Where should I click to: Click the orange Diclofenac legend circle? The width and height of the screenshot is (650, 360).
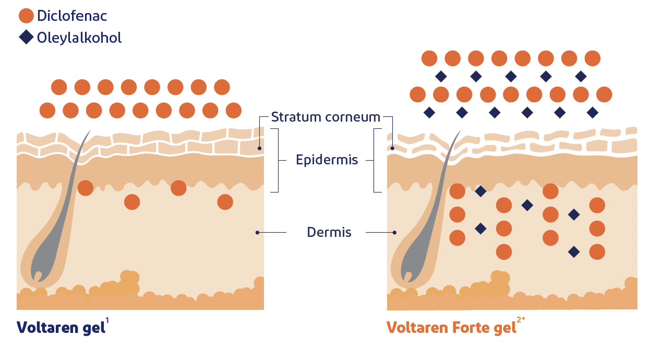pos(27,16)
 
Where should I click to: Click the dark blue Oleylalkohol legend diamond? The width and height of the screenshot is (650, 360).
pos(27,38)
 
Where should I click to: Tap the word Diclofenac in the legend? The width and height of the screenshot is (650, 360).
pos(72,16)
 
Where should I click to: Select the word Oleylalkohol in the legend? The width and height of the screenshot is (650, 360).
pos(79,38)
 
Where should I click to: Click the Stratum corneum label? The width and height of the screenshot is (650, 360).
pos(326,117)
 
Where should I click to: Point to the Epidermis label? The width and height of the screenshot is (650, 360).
pos(327,160)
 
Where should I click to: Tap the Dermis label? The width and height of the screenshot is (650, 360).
pos(329,232)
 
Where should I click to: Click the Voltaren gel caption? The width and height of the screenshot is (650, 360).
pos(59,328)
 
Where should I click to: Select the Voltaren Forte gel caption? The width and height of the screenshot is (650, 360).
pos(451,328)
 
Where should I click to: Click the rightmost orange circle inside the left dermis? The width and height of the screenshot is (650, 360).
pos(225,202)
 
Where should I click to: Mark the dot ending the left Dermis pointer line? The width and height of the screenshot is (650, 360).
pos(258,232)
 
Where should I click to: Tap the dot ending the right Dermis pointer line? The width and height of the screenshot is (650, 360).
pos(395,232)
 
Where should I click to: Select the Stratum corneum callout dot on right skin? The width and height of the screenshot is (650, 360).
pos(392,148)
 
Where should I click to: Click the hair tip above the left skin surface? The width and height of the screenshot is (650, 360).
pos(89,131)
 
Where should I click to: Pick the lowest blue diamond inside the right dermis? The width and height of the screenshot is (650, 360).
pos(574,252)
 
